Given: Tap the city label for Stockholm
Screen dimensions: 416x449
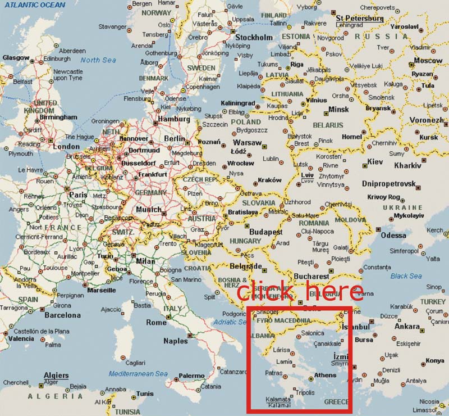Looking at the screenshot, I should click(x=254, y=38).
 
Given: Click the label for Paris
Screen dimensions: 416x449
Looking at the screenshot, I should click(x=79, y=195).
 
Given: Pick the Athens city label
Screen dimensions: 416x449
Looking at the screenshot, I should click(x=325, y=375).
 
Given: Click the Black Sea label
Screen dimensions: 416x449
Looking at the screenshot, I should click(x=406, y=276).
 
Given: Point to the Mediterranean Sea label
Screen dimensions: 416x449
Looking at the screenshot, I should click(x=138, y=374).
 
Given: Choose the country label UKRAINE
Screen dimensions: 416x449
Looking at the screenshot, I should click(x=402, y=207).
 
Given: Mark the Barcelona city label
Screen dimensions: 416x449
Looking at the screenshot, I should click(x=62, y=315).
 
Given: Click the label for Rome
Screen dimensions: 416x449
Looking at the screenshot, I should click(x=156, y=323).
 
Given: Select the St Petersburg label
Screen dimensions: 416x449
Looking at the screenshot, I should click(x=359, y=18).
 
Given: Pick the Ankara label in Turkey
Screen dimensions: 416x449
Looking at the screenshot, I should click(x=407, y=326).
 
